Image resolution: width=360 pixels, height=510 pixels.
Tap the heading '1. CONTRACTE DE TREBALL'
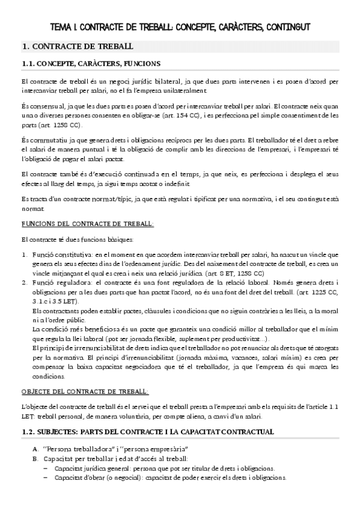pos(78,46)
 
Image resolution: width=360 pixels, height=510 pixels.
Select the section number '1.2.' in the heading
pos(28,432)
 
